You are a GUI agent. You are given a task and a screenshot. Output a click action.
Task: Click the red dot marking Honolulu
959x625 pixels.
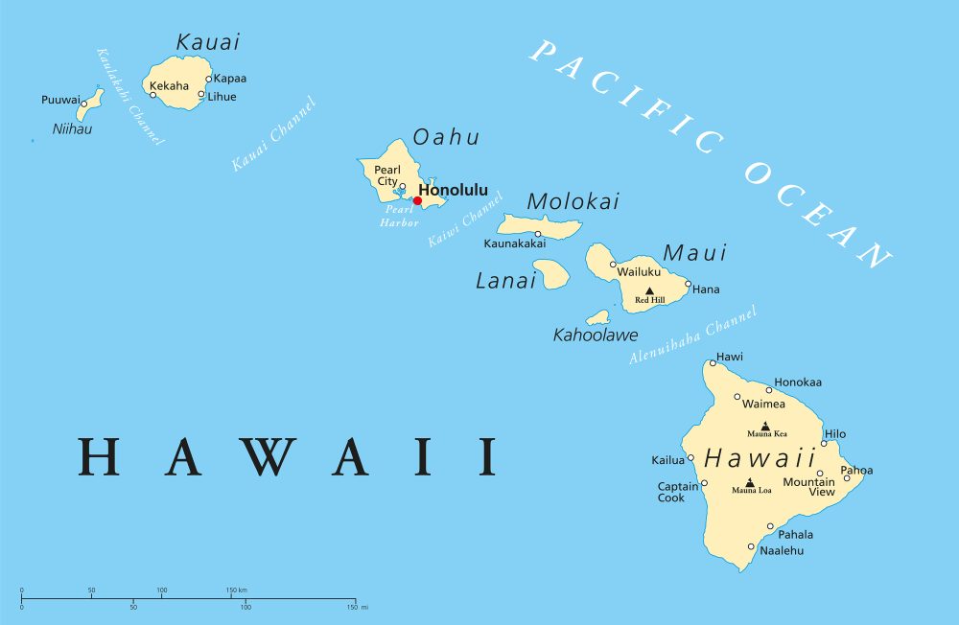(x=417, y=201)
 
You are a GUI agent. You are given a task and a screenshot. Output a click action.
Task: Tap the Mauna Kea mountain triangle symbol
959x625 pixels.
(x=765, y=426)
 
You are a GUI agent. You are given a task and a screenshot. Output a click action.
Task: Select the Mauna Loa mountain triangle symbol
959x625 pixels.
(x=749, y=482)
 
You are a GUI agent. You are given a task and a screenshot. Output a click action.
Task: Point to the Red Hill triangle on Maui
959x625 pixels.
(x=649, y=290)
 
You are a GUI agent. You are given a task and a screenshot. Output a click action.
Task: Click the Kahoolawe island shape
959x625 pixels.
(x=598, y=317)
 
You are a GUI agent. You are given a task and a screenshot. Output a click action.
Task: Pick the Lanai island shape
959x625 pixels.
(x=551, y=274)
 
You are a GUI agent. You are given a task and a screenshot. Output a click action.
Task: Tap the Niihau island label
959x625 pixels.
(x=73, y=128)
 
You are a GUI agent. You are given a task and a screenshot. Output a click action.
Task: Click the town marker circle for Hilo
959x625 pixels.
(x=823, y=443)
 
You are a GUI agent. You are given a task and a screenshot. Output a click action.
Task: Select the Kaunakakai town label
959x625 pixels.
(x=515, y=243)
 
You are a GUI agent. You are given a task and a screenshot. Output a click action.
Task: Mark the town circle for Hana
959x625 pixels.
(x=688, y=284)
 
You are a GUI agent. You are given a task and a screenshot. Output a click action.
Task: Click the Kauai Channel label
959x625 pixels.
(x=273, y=134)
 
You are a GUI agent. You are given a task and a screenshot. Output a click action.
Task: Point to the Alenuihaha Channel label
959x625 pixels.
(x=692, y=335)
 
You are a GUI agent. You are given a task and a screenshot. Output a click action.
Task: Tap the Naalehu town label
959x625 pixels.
(x=782, y=551)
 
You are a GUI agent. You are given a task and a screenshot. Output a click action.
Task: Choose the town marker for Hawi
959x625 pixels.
(x=713, y=362)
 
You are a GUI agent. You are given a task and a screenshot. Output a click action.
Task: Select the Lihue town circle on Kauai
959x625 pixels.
(x=201, y=95)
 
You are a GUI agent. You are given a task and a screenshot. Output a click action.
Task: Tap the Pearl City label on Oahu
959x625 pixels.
(x=387, y=174)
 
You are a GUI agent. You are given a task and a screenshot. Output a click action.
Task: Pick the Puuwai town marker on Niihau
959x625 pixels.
(x=84, y=104)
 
